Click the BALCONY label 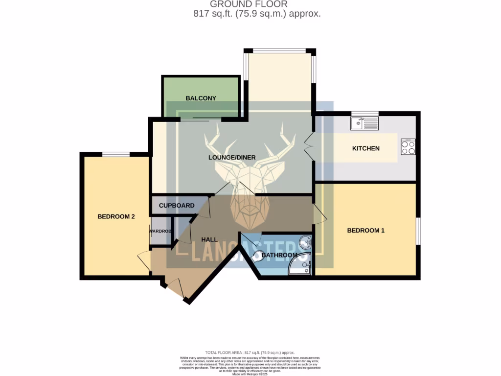pyautogui.click(x=201, y=98)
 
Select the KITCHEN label pyautogui.click(x=366, y=148)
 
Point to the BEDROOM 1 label pyautogui.click(x=365, y=230)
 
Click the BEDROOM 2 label pyautogui.click(x=116, y=216)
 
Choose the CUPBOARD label pyautogui.click(x=177, y=206)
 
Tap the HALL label pyautogui.click(x=209, y=239)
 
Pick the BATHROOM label pyautogui.click(x=279, y=255)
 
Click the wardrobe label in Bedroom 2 pyautogui.click(x=160, y=231)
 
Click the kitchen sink pyautogui.click(x=364, y=123)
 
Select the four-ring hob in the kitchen pyautogui.click(x=408, y=147)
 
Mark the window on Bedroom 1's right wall pyautogui.click(x=418, y=231)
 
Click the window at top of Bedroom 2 pyautogui.click(x=116, y=154)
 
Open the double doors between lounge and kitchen pyautogui.click(x=309, y=144)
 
